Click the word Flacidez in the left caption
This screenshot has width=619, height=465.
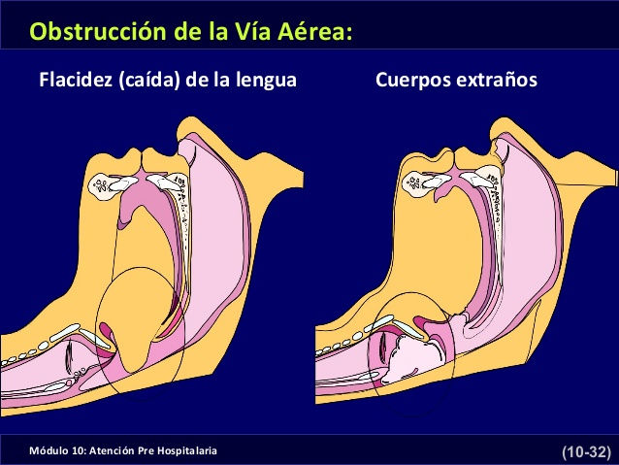(75, 80)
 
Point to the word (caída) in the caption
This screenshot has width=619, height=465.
(148, 80)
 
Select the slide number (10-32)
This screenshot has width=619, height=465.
(585, 452)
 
